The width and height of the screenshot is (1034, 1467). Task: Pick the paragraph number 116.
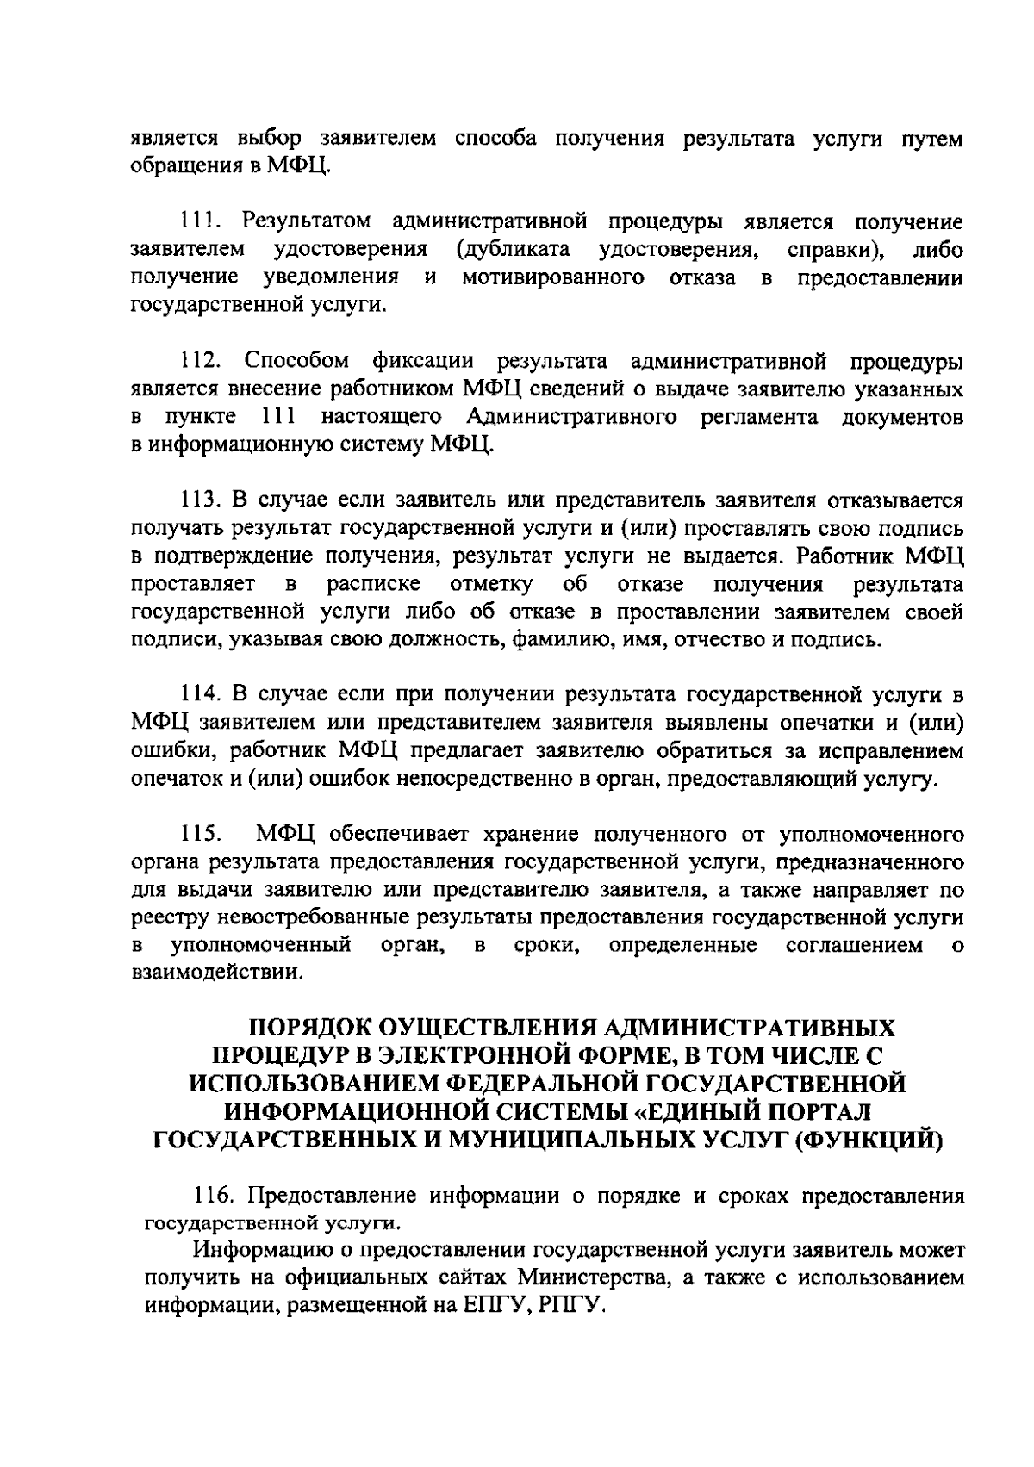215,1196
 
